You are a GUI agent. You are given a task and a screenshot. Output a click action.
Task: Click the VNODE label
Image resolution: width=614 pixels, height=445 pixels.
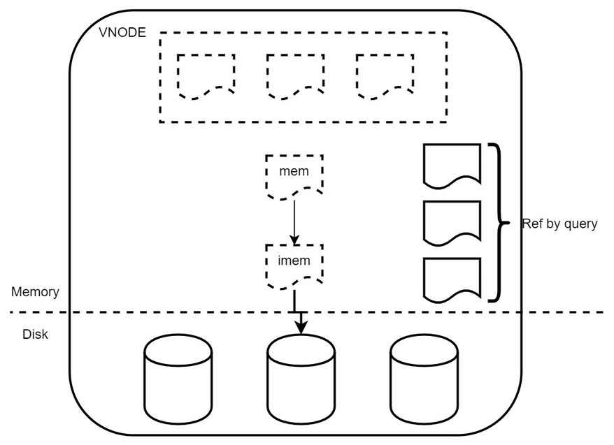coord(122,31)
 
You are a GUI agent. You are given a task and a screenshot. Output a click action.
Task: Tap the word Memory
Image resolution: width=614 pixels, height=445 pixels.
coord(35,292)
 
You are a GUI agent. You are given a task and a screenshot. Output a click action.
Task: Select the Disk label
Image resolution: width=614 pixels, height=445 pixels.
coord(35,334)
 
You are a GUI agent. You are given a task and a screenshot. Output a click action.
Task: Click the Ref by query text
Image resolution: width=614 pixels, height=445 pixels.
coord(559,224)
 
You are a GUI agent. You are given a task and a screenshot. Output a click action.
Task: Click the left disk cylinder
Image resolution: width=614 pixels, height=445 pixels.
coord(178,374)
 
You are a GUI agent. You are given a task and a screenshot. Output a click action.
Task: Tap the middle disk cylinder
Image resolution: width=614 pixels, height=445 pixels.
coord(301,374)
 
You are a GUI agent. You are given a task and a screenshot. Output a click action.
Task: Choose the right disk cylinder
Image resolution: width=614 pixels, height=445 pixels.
coord(424,374)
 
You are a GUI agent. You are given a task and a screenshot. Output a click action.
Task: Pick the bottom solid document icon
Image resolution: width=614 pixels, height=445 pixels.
coord(452,280)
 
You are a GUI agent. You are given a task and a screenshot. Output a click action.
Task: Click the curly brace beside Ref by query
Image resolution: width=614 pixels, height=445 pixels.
coord(497,223)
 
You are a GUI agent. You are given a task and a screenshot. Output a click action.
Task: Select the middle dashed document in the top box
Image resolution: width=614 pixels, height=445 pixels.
coord(295,75)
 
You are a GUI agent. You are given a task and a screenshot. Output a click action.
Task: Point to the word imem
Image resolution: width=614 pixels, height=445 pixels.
coord(294,262)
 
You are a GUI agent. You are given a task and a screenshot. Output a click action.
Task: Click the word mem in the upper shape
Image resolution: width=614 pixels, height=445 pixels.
coord(294,172)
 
